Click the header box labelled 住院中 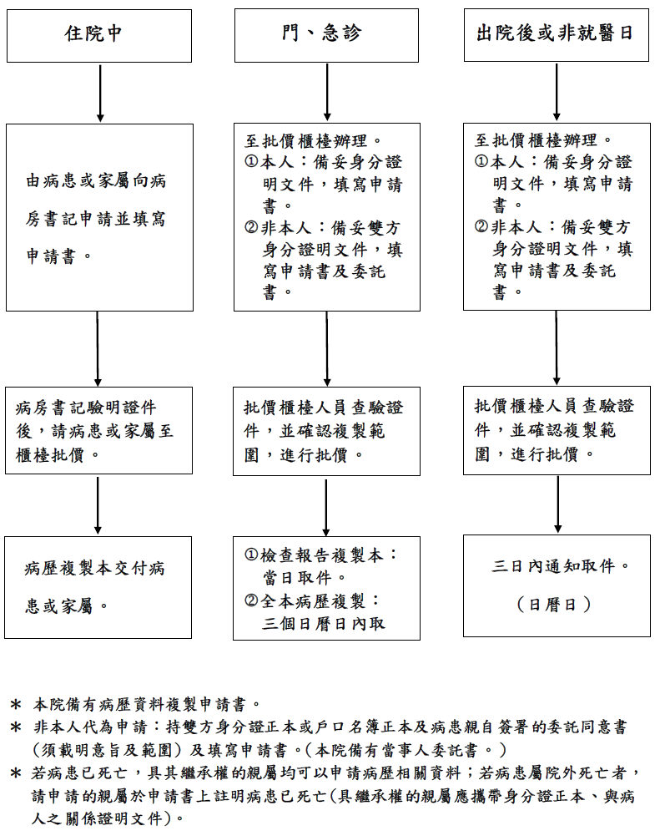coord(99,36)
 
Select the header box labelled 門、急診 coord(326,35)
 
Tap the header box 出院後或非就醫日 coord(557,34)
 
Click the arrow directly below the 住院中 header coord(100,94)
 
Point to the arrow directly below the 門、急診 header coord(327,92)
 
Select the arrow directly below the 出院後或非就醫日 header coord(557,92)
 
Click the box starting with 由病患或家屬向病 coord(99,217)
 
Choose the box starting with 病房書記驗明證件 coord(98,431)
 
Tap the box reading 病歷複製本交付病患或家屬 coord(98,588)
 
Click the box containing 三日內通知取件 coord(557,586)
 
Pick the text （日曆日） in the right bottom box coord(554,605)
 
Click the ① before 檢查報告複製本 coord(251,555)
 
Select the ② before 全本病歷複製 coord(251,600)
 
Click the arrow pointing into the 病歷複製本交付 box coord(98,505)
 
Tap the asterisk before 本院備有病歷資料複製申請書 coord(16,705)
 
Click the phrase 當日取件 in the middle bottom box coord(297,578)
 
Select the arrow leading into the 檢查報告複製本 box coord(326,506)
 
